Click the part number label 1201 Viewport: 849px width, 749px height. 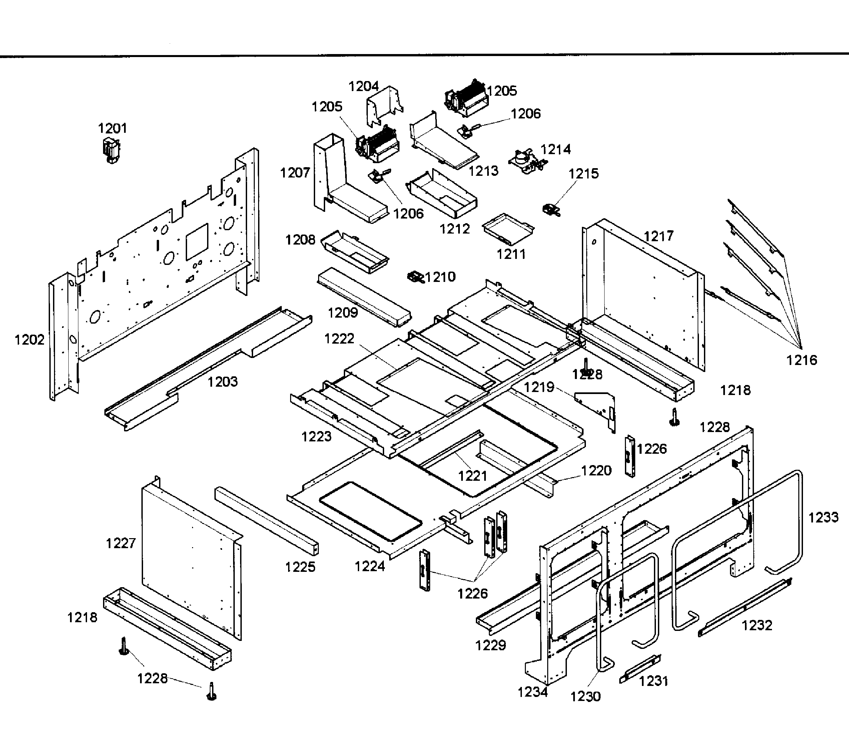click(112, 128)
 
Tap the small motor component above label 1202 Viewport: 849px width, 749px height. click(111, 150)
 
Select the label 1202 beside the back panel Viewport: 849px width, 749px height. click(29, 340)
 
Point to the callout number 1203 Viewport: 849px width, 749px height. click(223, 382)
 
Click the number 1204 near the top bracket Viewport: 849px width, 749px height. click(363, 86)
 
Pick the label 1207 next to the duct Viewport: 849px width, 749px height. click(295, 172)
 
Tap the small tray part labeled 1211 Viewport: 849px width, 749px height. click(508, 229)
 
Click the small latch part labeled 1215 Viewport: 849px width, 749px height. click(551, 210)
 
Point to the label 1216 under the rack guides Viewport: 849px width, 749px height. click(802, 360)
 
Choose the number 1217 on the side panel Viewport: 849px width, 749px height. click(658, 236)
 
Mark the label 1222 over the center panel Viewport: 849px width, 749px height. click(339, 339)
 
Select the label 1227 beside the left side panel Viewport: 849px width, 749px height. click(121, 543)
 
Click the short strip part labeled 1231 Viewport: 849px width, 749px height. click(639, 669)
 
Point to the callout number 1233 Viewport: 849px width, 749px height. click(823, 517)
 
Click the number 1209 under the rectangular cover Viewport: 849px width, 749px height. click(343, 313)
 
